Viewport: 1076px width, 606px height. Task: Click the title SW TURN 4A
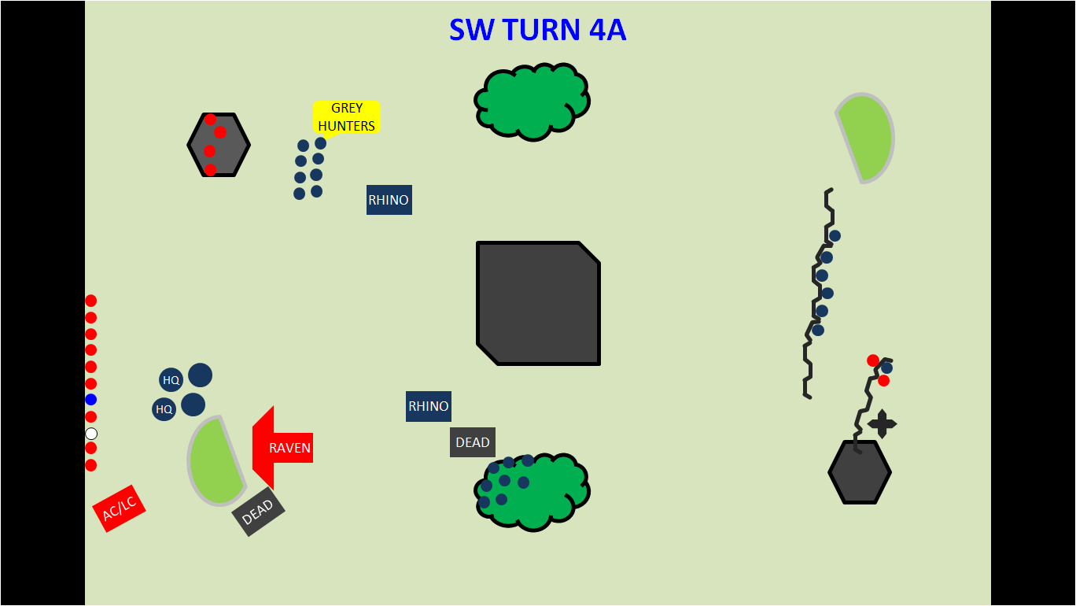coord(537,30)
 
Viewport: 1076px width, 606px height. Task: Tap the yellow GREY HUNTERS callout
coord(346,117)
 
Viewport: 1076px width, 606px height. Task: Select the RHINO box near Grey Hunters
coord(389,200)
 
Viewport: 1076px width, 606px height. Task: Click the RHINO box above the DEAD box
coord(429,406)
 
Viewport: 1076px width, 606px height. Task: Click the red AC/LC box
coord(119,508)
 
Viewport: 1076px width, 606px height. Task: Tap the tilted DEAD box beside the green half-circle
coord(258,512)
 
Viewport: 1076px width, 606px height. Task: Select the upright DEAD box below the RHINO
coord(473,442)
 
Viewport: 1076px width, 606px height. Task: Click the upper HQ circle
coord(171,380)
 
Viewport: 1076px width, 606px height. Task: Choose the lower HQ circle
coord(164,409)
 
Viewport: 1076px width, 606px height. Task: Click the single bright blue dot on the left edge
coord(91,400)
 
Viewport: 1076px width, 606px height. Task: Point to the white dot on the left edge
coord(91,434)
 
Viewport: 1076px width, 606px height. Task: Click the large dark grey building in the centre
coord(539,303)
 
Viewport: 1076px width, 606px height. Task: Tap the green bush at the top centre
coord(532,102)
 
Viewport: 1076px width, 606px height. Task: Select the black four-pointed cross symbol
coord(882,424)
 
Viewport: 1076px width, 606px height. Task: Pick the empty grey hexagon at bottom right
coord(860,472)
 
